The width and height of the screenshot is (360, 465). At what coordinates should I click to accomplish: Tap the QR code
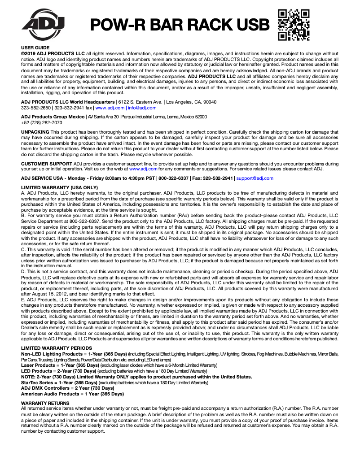pyautogui.click(x=294, y=25)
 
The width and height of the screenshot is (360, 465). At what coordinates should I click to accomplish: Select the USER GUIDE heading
pyautogui.click(x=35, y=48)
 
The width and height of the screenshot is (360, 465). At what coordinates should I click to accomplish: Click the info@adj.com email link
pyautogui.click(x=142, y=108)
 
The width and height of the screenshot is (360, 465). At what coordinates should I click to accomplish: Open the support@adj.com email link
pyautogui.click(x=255, y=178)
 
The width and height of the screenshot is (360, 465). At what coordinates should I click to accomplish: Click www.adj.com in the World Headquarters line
pyautogui.click(x=110, y=108)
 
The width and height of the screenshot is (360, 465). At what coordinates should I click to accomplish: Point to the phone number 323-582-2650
pyautogui.click(x=35, y=108)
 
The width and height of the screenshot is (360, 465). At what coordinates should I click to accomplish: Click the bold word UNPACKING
pyautogui.click(x=35, y=132)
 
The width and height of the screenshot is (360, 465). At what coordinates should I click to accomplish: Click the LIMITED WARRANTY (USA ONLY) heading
pyautogui.click(x=59, y=187)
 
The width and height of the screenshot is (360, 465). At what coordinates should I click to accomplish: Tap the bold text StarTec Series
pyautogui.click(x=38, y=383)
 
